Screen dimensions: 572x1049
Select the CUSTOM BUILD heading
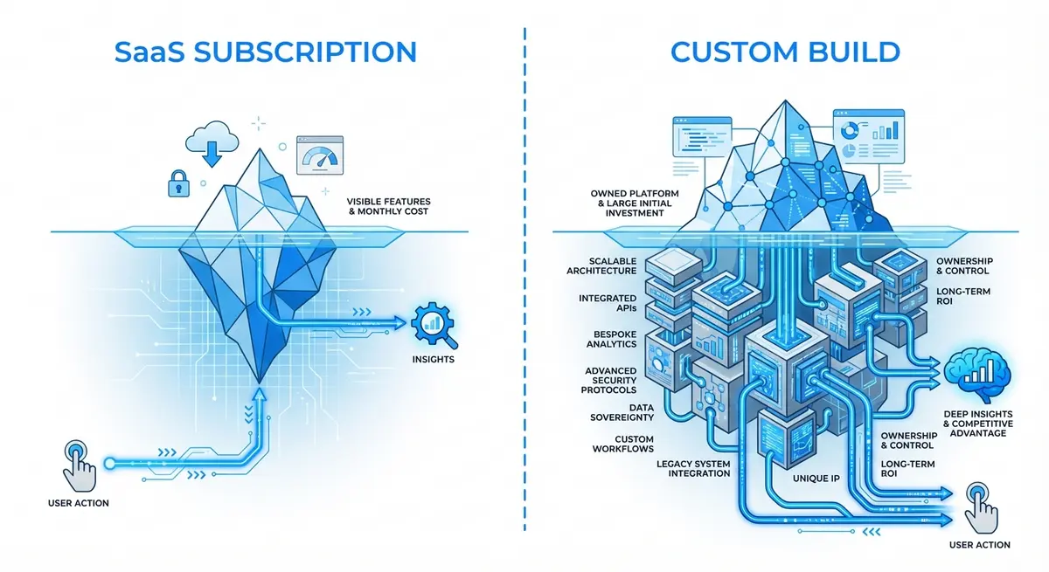tap(784, 52)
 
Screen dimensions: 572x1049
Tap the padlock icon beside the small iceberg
tap(179, 183)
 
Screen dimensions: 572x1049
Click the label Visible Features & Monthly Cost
tap(387, 206)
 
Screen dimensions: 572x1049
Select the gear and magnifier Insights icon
tap(432, 321)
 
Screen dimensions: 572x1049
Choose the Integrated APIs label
tap(607, 304)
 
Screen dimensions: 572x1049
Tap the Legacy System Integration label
tap(693, 468)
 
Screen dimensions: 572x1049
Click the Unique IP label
tap(816, 479)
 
